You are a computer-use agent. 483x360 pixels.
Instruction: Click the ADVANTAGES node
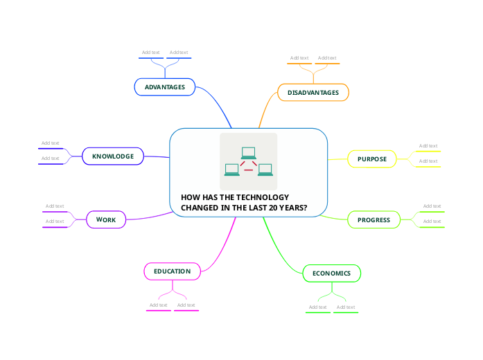pos(165,87)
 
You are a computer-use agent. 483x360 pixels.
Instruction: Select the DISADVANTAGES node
pos(313,92)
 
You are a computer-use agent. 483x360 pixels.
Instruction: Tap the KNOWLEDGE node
pos(113,156)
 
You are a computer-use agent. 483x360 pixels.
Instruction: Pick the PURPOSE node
pos(372,159)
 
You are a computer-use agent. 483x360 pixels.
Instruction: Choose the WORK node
pos(106,219)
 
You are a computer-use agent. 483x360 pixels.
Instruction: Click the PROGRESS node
pos(374,220)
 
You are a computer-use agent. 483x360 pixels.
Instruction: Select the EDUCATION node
pos(172,271)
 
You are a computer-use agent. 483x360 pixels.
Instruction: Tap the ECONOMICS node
pos(332,273)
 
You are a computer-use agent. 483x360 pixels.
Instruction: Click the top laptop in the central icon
pos(249,153)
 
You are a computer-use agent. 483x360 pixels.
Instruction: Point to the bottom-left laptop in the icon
pos(232,170)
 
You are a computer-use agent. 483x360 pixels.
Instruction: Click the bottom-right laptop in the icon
pos(265,170)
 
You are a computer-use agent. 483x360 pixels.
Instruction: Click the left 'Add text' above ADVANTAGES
pos(151,53)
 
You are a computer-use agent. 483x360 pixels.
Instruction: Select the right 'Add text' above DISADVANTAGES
pos(327,58)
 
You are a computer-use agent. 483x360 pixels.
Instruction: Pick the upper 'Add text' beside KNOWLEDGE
pos(51,143)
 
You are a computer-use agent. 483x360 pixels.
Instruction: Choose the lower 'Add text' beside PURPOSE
pos(428,161)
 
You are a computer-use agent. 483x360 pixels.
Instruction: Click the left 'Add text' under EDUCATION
pos(159,305)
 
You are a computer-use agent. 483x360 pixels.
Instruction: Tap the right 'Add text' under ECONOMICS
pos(346,307)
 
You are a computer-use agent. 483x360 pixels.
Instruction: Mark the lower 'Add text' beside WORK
pos(55,222)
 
